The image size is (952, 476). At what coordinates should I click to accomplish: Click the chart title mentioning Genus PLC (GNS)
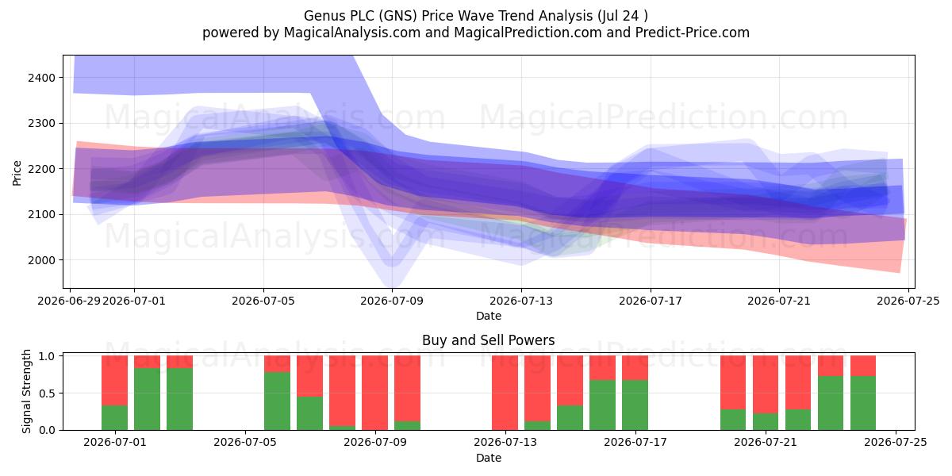click(475, 16)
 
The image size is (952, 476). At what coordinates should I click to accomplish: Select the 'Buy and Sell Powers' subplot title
click(489, 340)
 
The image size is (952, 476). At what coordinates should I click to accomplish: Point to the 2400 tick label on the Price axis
click(41, 78)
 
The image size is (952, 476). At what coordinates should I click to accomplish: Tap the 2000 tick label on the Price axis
click(41, 260)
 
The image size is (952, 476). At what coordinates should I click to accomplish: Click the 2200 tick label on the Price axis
click(41, 169)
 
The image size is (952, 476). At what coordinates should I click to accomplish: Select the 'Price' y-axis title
click(17, 173)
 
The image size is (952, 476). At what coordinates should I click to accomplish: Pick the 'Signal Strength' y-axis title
click(26, 391)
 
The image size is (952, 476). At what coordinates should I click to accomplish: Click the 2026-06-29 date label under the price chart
click(69, 301)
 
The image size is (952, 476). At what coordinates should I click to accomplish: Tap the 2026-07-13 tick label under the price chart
click(521, 301)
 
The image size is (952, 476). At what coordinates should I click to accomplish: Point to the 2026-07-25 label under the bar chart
click(896, 443)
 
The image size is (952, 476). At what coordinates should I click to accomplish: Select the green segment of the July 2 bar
click(147, 399)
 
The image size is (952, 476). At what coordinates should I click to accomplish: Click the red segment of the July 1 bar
click(115, 380)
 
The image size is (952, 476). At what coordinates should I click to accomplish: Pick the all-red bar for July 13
click(505, 393)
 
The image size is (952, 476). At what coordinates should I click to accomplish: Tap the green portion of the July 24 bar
click(863, 403)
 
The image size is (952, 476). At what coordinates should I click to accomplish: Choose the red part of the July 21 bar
click(766, 384)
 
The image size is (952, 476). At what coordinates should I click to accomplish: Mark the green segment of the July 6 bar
click(277, 401)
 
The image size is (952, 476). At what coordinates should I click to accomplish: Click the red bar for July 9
click(374, 393)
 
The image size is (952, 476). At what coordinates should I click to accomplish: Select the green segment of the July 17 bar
click(635, 405)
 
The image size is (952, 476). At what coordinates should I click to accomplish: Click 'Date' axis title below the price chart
click(489, 317)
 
